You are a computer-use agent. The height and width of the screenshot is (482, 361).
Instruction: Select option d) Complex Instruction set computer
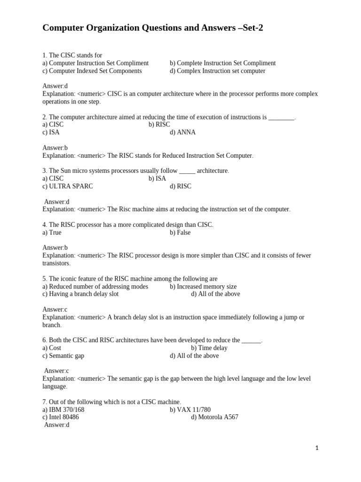point(217,71)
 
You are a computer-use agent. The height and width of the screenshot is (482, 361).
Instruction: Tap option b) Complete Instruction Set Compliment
point(222,63)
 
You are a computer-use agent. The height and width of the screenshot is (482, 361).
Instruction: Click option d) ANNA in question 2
point(182,132)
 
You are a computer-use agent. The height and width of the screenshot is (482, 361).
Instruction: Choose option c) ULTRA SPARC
point(68,186)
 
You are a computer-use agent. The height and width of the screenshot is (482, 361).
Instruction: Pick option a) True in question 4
point(52,233)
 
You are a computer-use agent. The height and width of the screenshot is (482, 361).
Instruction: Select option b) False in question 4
point(180,233)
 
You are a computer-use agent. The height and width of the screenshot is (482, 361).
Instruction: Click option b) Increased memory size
point(203,287)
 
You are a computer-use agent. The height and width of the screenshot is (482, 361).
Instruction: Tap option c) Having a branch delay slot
point(80,294)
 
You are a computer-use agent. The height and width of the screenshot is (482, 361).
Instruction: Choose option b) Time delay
point(209,348)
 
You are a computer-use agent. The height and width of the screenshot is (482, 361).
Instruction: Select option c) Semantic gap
point(63,356)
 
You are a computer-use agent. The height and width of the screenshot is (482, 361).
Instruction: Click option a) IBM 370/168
point(63,410)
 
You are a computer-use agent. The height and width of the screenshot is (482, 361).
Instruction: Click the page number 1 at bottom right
point(317,448)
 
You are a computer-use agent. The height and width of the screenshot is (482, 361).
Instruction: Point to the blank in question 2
point(281,117)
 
